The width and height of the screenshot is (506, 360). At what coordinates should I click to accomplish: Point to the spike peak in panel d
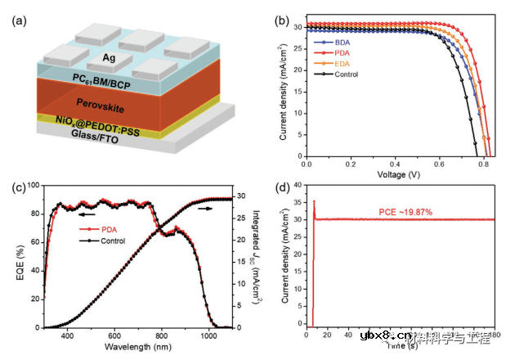click(x=314, y=200)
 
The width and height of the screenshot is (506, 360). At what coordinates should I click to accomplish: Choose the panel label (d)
click(x=284, y=188)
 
